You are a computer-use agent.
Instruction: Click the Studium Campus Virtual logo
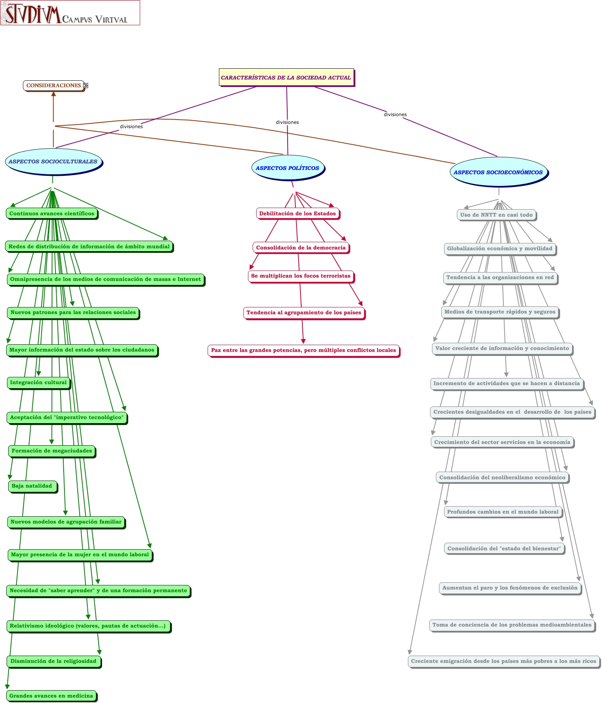(70, 13)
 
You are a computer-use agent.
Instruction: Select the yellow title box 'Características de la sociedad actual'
(286, 77)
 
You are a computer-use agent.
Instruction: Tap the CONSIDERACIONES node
(53, 85)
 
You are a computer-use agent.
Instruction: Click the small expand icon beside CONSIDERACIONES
(86, 85)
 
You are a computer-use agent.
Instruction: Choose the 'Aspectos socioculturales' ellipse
(53, 161)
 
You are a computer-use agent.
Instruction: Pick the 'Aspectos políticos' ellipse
(287, 168)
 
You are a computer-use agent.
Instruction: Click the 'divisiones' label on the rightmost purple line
(395, 115)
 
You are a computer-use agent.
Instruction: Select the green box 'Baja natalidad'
(32, 486)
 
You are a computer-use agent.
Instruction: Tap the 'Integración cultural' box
(38, 382)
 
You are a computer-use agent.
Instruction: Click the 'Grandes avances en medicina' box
(51, 696)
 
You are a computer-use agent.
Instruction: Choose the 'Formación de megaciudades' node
(52, 451)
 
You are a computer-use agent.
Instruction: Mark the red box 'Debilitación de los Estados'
(297, 214)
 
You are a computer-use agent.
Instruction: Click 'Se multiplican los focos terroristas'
(300, 276)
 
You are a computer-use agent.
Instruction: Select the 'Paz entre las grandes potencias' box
(303, 350)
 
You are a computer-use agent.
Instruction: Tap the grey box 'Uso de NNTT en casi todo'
(496, 215)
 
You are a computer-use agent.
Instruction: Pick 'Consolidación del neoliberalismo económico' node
(502, 477)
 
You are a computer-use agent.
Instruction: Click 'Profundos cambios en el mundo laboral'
(503, 512)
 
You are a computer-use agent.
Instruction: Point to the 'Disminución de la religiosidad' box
(54, 661)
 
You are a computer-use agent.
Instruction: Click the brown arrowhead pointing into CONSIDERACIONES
(54, 93)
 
